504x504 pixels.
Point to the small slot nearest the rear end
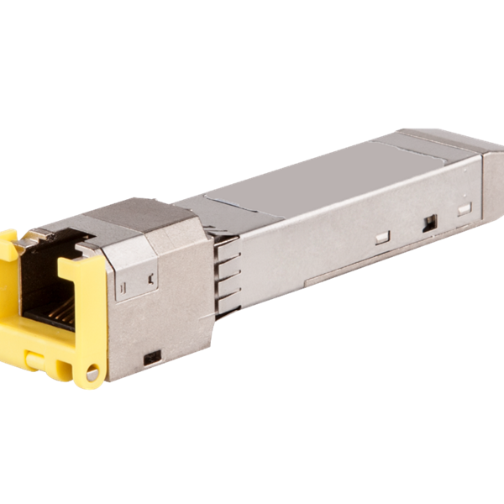(465, 206)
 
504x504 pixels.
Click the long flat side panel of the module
(336, 235)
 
